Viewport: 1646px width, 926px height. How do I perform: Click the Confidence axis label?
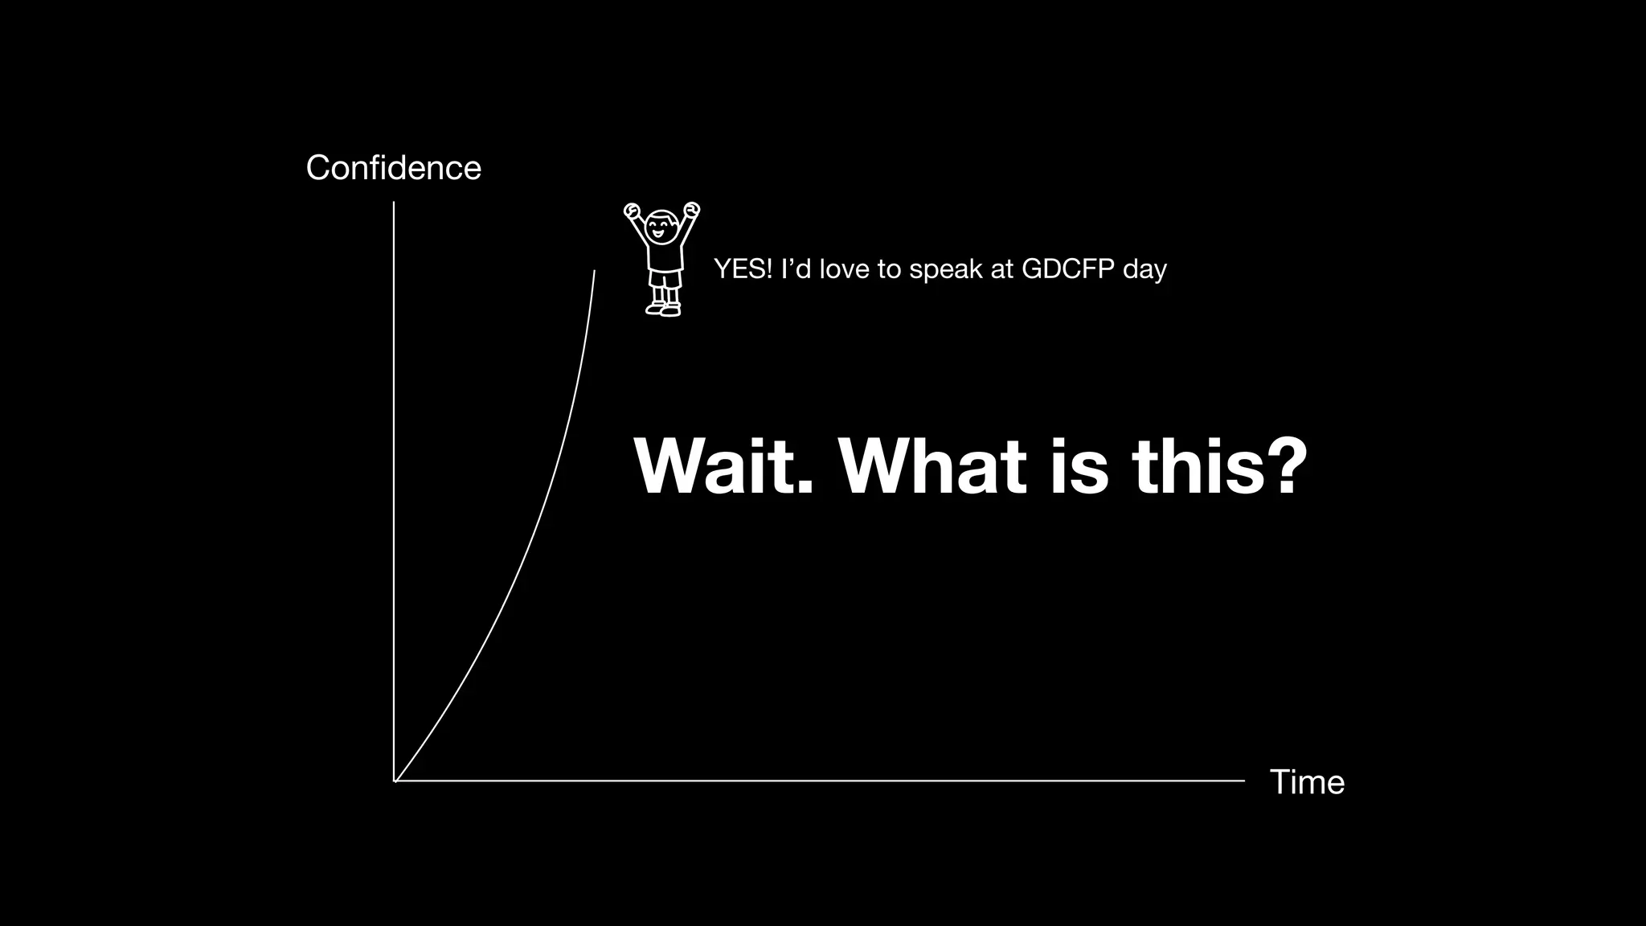(x=393, y=168)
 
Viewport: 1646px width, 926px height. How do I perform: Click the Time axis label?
(x=1307, y=782)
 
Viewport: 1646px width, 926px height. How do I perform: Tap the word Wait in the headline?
(x=723, y=467)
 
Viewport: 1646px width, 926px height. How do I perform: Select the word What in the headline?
(x=932, y=467)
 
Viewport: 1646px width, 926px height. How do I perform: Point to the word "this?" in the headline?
(x=1218, y=467)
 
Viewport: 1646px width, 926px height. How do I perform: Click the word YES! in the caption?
(x=743, y=269)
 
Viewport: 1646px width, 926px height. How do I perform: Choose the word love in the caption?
(x=844, y=269)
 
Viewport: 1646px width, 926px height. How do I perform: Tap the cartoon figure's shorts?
(x=665, y=279)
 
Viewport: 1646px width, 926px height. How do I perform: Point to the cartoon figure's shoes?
(x=663, y=309)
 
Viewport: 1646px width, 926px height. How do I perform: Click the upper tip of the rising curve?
(x=595, y=272)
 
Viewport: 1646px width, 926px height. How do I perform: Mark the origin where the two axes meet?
(x=394, y=781)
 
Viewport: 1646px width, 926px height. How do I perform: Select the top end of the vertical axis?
(x=394, y=203)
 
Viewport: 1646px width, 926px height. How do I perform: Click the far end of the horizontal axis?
(x=1243, y=781)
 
